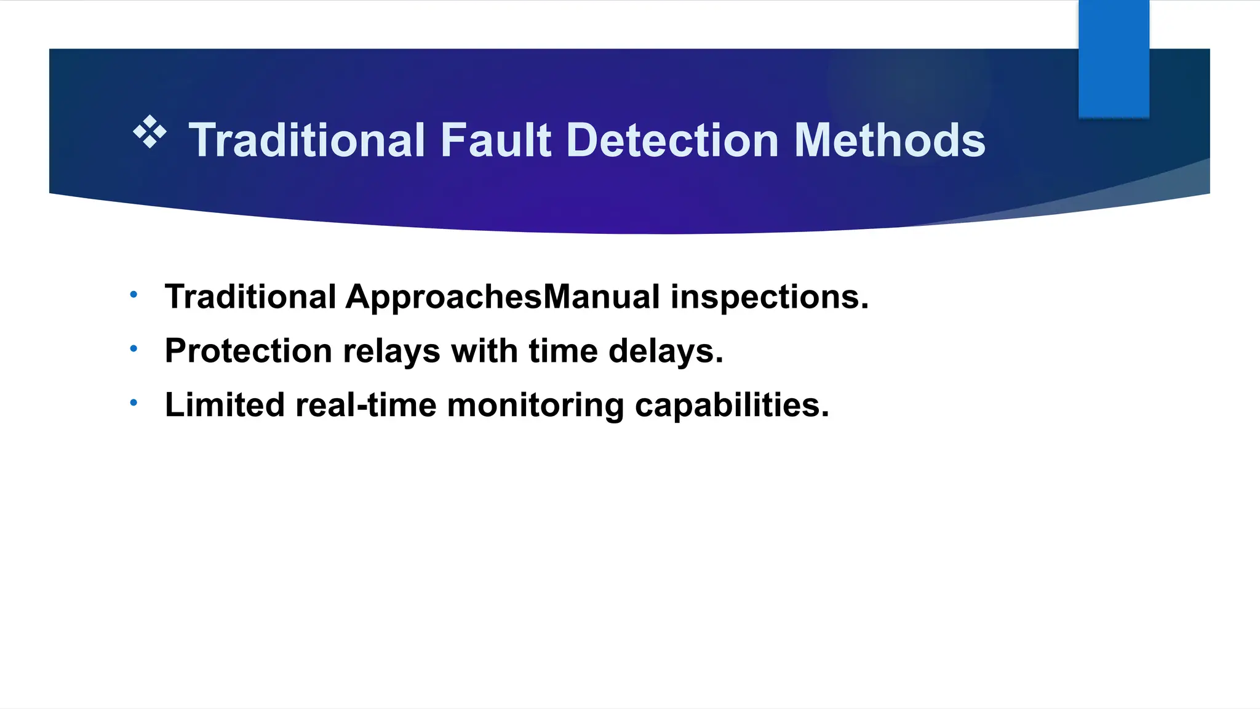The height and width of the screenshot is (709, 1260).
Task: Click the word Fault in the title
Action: pyautogui.click(x=496, y=140)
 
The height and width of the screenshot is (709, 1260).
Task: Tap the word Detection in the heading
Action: pyautogui.click(x=672, y=140)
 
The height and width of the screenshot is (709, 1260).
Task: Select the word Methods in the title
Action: pyautogui.click(x=890, y=140)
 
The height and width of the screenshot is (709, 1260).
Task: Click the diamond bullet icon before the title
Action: pyautogui.click(x=150, y=132)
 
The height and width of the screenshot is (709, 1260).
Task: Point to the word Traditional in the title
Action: pyautogui.click(x=306, y=140)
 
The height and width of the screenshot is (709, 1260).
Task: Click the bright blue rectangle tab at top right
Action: pyautogui.click(x=1114, y=58)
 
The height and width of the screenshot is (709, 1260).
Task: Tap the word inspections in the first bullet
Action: pyautogui.click(x=769, y=297)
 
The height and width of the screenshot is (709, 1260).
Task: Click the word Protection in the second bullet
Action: pyautogui.click(x=249, y=351)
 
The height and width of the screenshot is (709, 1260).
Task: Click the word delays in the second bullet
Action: pyautogui.click(x=665, y=351)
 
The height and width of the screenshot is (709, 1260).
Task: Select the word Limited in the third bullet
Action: pyautogui.click(x=225, y=405)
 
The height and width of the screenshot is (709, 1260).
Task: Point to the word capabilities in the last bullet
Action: pyautogui.click(x=732, y=405)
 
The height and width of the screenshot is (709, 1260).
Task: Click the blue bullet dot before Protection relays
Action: pyautogui.click(x=134, y=349)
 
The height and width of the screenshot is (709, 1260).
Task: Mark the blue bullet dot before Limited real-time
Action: pyautogui.click(x=134, y=403)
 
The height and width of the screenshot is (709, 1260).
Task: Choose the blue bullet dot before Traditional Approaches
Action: pyautogui.click(x=134, y=295)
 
